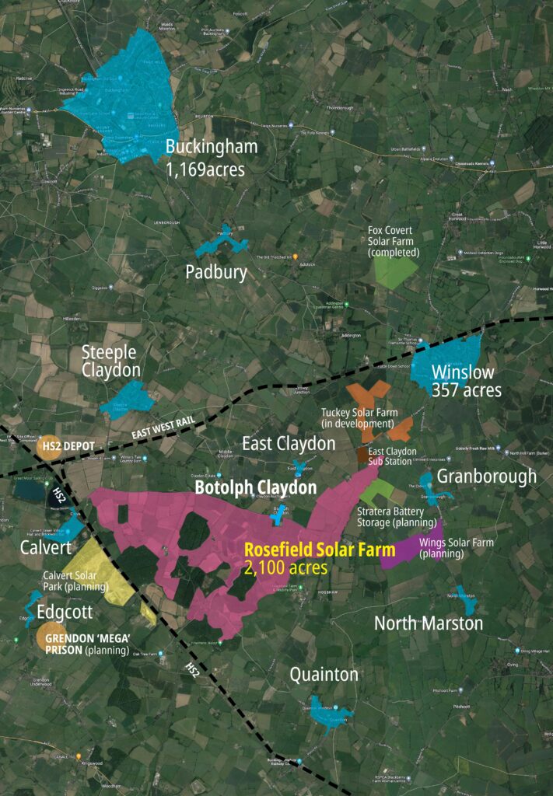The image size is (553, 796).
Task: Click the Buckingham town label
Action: (x=211, y=147)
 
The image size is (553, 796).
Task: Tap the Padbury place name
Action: (x=216, y=272)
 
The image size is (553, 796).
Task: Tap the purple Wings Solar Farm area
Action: (x=408, y=551)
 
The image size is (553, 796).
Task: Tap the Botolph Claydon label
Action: (x=255, y=488)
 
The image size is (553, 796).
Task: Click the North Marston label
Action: (x=429, y=623)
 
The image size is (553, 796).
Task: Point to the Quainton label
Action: (x=324, y=674)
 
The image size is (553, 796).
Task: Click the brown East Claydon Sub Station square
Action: (x=364, y=454)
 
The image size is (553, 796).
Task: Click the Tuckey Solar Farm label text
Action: (x=359, y=417)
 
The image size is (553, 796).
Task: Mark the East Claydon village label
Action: (x=289, y=444)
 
